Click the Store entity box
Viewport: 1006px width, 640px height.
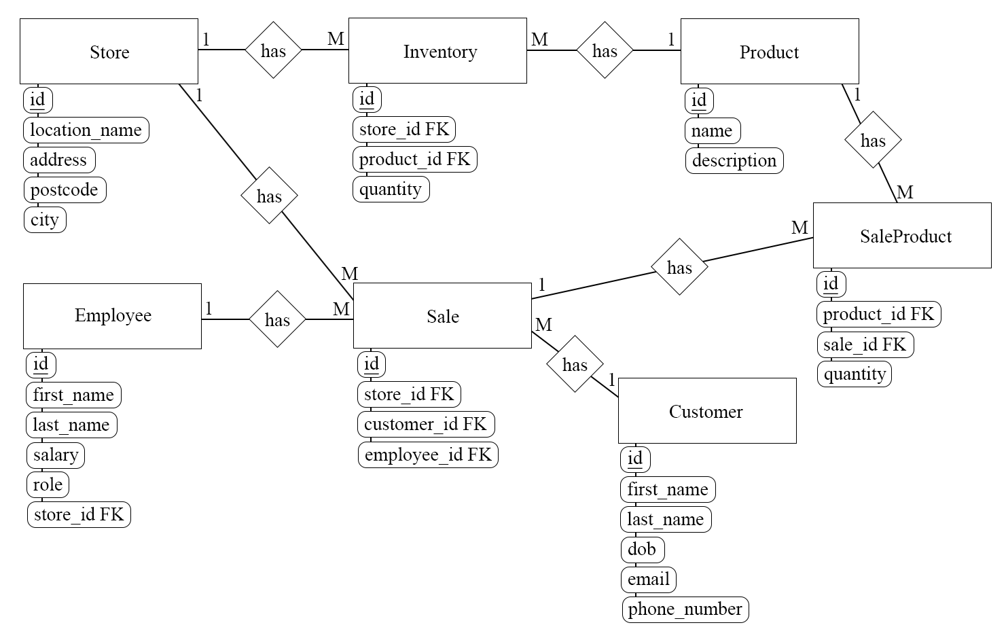pyautogui.click(x=109, y=52)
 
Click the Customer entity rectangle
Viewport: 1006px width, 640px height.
pyautogui.click(x=707, y=411)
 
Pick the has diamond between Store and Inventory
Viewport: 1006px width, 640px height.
pyautogui.click(x=273, y=50)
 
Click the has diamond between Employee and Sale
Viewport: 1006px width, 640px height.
pyautogui.click(x=277, y=319)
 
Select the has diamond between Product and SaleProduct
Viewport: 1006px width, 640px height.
pyautogui.click(x=873, y=140)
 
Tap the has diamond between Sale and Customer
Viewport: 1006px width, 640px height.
pyautogui.click(x=575, y=364)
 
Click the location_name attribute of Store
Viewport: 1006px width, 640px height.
pyautogui.click(x=86, y=130)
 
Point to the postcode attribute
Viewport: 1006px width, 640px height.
pyautogui.click(x=65, y=190)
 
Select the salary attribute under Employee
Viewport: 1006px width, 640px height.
pyautogui.click(x=56, y=455)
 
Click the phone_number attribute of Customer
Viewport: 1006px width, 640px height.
pyautogui.click(x=685, y=609)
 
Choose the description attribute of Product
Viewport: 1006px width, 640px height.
pyautogui.click(x=734, y=160)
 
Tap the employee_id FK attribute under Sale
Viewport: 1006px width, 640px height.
pyautogui.click(x=428, y=455)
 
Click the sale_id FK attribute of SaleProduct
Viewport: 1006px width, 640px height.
pyautogui.click(x=865, y=344)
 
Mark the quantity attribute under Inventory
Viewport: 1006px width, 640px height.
pyautogui.click(x=391, y=189)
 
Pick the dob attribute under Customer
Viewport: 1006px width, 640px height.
pyautogui.click(x=642, y=549)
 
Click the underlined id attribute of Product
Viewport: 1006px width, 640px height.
pyautogui.click(x=699, y=101)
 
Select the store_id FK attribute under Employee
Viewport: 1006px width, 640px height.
pyautogui.click(x=79, y=514)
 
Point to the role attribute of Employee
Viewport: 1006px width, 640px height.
pyautogui.click(x=48, y=484)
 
